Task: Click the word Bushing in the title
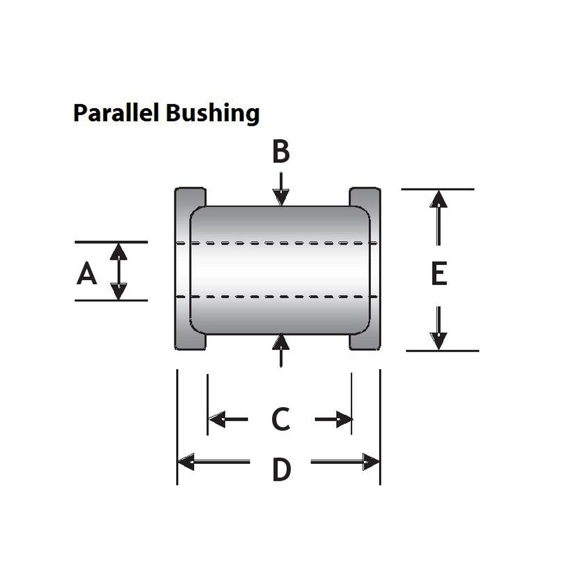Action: click(x=212, y=113)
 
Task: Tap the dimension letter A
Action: click(x=87, y=273)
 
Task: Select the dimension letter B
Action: click(x=281, y=152)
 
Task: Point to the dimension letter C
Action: click(x=281, y=419)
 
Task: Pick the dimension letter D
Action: click(x=281, y=470)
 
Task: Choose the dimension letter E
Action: click(x=439, y=274)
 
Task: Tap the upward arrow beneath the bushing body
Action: click(x=281, y=350)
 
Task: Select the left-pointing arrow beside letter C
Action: click(x=228, y=419)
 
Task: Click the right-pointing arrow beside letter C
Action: click(x=334, y=419)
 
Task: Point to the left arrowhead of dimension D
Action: click(x=186, y=462)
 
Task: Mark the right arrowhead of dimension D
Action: click(x=371, y=462)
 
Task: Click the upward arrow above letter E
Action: click(x=438, y=216)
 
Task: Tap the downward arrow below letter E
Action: click(x=438, y=328)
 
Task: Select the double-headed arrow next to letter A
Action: click(x=119, y=271)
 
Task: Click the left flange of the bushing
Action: click(x=183, y=269)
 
